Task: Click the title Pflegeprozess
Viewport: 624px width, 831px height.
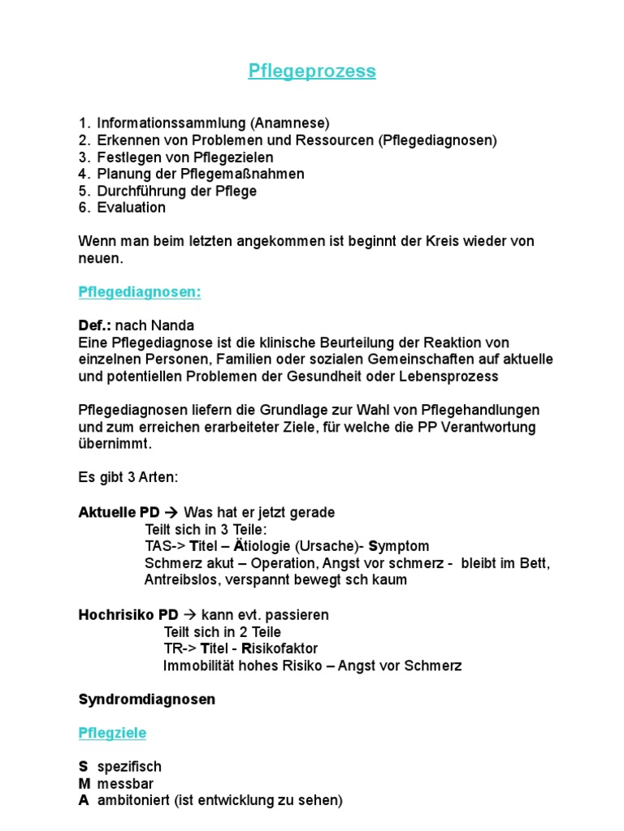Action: (x=312, y=71)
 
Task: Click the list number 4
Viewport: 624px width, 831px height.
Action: (x=83, y=174)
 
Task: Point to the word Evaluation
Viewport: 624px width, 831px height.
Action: (x=131, y=207)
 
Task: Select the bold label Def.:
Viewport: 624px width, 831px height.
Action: (x=94, y=325)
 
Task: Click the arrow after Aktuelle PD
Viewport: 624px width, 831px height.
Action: (x=171, y=512)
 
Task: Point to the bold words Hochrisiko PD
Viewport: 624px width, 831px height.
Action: (x=128, y=614)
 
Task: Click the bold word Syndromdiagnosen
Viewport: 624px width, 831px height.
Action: (x=146, y=699)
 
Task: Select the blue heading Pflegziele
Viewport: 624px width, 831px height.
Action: (x=112, y=733)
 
